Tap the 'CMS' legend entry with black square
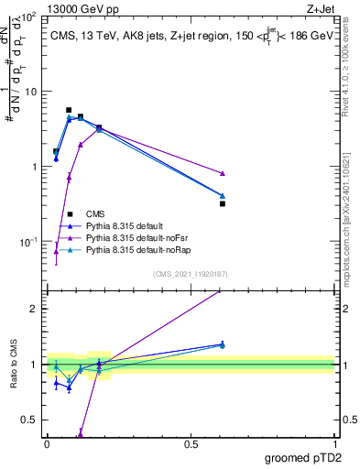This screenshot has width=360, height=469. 94,213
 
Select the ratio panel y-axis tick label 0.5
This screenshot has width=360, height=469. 29,420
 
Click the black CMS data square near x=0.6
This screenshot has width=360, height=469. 223,203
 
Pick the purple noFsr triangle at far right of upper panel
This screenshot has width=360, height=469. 223,173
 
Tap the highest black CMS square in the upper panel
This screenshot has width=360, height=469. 69,110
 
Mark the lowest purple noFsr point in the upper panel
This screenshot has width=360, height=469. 56,251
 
